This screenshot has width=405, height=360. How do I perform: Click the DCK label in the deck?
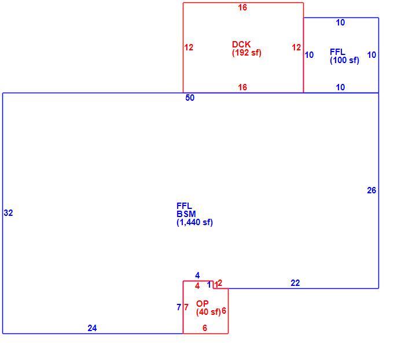click(x=241, y=44)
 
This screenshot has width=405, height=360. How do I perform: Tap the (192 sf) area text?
click(x=246, y=53)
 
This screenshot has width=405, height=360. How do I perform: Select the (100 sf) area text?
click(x=344, y=60)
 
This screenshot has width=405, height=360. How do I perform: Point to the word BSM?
click(x=186, y=214)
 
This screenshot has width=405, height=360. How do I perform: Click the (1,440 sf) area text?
click(x=195, y=222)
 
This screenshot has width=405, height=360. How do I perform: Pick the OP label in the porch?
click(x=203, y=304)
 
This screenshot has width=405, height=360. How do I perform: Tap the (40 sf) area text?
click(x=208, y=312)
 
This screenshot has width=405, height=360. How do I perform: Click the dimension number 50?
click(x=190, y=98)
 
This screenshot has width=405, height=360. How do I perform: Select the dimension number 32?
click(x=8, y=212)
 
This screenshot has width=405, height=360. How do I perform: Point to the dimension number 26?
click(x=371, y=190)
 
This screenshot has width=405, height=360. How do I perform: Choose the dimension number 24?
click(x=92, y=328)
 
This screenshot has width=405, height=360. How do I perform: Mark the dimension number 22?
click(x=295, y=283)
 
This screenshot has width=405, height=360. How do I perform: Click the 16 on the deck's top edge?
click(x=242, y=8)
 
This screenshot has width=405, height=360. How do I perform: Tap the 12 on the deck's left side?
click(x=189, y=47)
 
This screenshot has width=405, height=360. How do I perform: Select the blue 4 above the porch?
click(x=197, y=275)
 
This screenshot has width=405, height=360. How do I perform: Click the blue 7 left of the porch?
click(x=179, y=307)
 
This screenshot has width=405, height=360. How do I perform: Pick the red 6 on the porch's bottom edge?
click(x=205, y=328)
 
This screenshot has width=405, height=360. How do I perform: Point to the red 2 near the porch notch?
click(x=220, y=282)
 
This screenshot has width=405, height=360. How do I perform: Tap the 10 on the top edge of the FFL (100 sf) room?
click(x=340, y=23)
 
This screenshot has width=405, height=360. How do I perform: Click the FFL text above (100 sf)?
click(x=337, y=52)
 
